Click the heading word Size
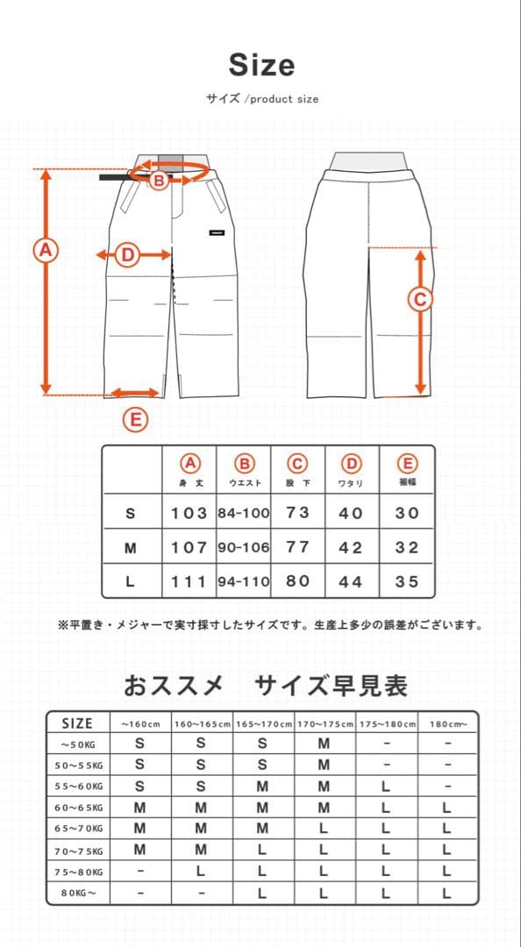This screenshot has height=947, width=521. (x=261, y=66)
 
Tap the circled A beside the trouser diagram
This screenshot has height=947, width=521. (x=45, y=250)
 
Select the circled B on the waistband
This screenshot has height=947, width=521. (x=159, y=182)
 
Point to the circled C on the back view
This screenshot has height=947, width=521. (x=420, y=299)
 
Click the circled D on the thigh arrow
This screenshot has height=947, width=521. (x=128, y=255)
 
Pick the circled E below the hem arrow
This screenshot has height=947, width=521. (x=134, y=421)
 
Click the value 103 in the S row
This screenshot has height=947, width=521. (x=189, y=514)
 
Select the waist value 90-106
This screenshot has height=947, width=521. (x=244, y=547)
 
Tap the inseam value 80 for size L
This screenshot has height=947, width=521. (x=298, y=581)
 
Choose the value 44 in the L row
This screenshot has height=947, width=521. (x=351, y=581)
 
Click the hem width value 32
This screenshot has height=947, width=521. (x=407, y=547)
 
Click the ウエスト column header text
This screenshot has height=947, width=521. (x=245, y=483)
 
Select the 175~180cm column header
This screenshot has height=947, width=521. (x=386, y=724)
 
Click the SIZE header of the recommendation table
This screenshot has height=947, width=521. (x=77, y=723)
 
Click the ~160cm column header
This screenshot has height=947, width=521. (x=140, y=724)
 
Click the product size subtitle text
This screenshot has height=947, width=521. (x=262, y=99)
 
